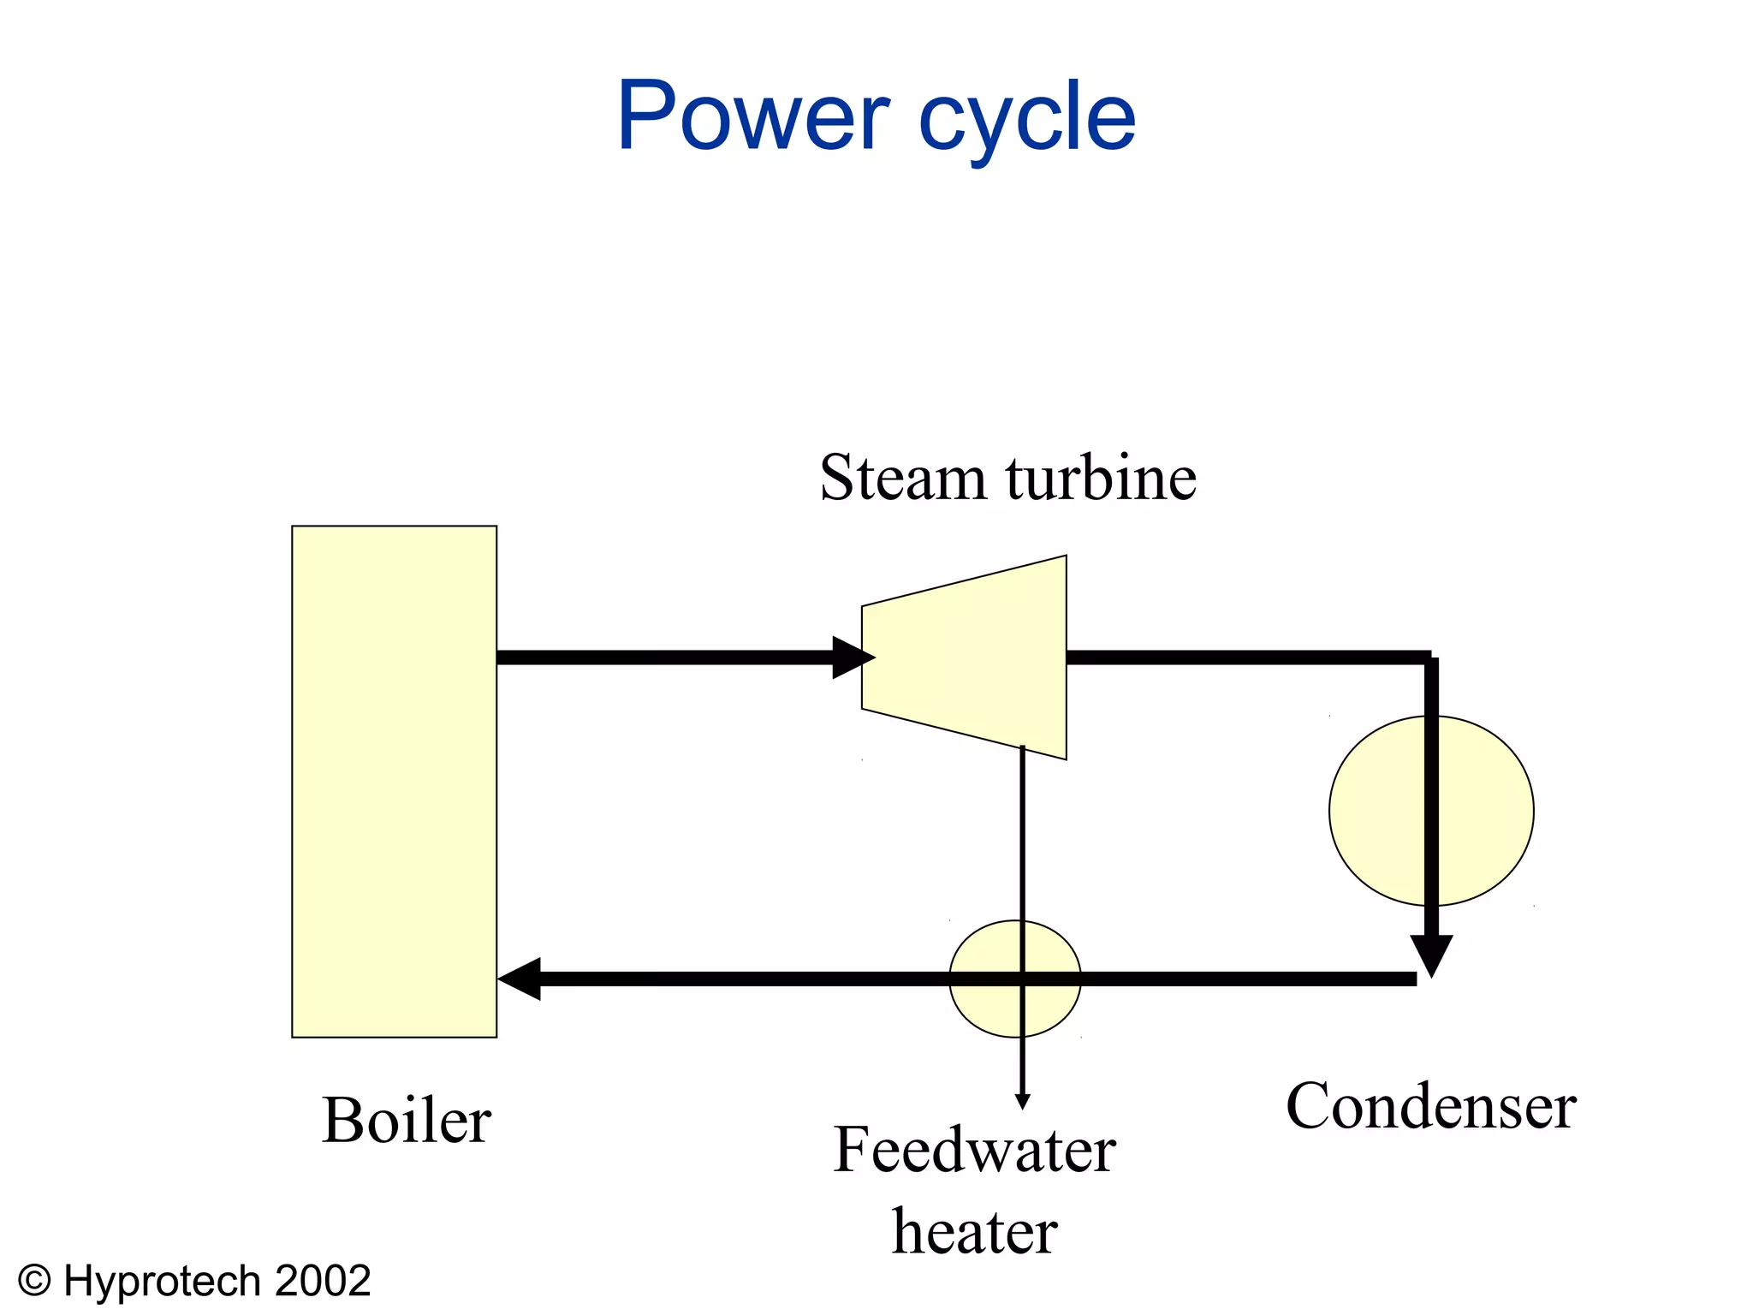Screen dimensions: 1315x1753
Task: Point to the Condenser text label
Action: [1430, 1106]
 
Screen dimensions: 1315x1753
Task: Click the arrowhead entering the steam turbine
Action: [852, 657]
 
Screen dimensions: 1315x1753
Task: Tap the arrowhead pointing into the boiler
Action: [519, 979]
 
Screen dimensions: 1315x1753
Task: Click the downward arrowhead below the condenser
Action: [1431, 955]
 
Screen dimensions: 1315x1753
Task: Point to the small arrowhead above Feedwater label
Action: [1022, 1101]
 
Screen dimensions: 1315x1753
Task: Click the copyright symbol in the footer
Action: [34, 1282]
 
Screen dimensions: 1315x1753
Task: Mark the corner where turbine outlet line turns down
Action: [1431, 657]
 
